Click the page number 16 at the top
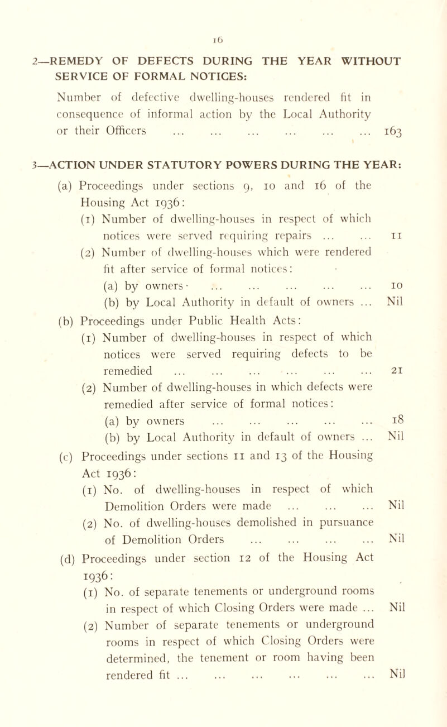point(223,8)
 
